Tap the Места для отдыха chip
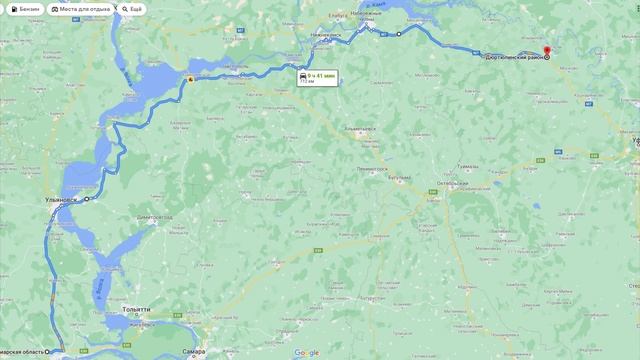pos(81,9)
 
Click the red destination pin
pos(546,51)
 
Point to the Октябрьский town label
pos(454,185)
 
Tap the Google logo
pos(306,352)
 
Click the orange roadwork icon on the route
pos(190,79)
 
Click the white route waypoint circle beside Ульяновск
pos(87,199)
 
